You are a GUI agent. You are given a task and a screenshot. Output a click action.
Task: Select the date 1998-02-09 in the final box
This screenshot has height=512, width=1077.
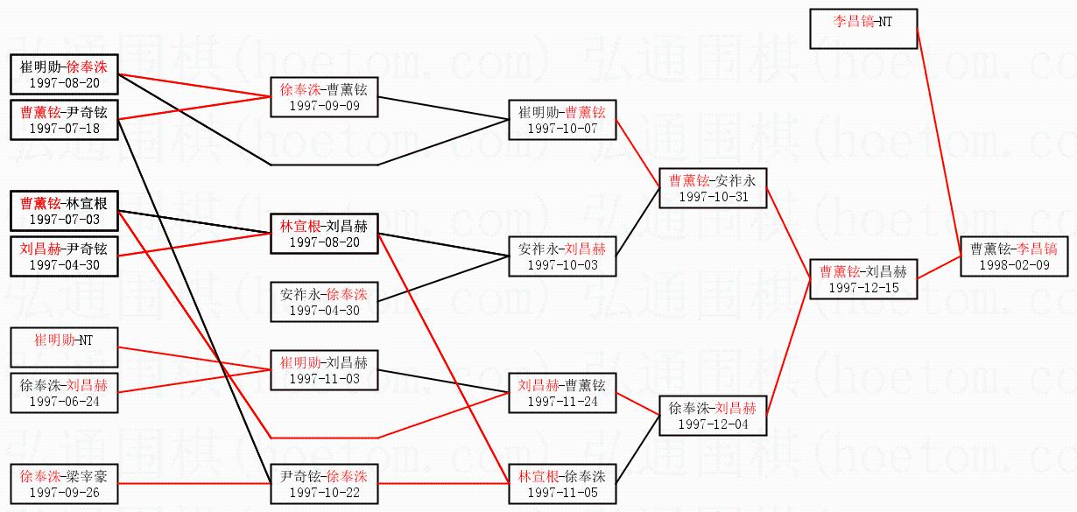pos(1014,265)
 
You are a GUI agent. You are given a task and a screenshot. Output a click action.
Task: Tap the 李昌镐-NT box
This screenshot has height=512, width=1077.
pos(863,27)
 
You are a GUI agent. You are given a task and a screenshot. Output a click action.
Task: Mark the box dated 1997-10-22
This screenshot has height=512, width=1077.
pos(324,484)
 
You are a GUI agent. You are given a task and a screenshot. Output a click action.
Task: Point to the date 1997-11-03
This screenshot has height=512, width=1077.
pos(324,378)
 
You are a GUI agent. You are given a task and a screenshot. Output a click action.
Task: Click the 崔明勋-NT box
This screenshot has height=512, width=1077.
pos(63,347)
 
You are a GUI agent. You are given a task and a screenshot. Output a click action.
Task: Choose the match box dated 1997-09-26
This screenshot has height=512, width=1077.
pos(64,484)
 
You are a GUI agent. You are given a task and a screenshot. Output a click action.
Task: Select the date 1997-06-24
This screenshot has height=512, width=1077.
pos(64,402)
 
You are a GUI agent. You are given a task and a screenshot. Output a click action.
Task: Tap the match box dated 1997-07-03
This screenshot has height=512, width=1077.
pos(64,211)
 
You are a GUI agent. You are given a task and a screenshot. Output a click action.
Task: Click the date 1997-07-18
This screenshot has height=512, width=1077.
pos(64,129)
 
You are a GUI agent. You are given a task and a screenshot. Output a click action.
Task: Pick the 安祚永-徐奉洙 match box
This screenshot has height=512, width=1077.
pos(324,302)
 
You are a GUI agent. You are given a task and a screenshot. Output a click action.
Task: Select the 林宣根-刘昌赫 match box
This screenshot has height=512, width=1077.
pos(324,234)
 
